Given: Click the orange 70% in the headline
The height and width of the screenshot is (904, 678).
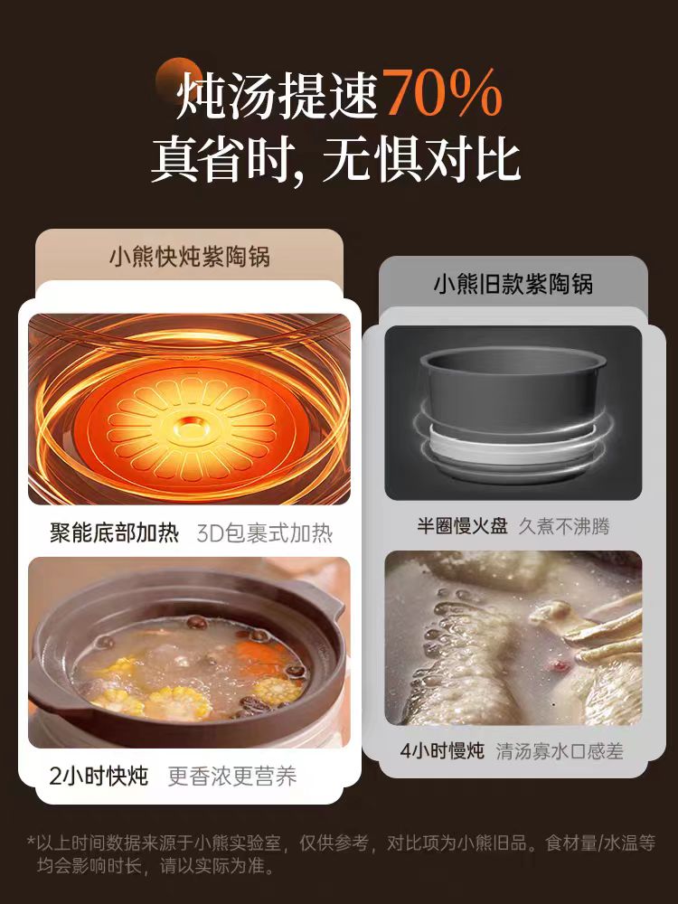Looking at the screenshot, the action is tap(443, 92).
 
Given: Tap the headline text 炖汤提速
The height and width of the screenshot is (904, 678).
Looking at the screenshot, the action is tap(278, 94).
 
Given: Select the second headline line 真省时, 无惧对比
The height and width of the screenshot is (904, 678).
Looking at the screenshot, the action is tap(336, 158).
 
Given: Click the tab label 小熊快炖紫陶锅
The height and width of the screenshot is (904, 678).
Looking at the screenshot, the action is tap(190, 257).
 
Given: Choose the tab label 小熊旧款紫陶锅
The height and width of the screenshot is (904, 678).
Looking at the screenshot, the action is tap(513, 284).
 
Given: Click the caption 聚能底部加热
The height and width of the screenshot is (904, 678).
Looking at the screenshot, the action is tap(114, 533).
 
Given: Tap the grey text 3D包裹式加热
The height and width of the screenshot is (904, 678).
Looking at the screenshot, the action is tap(265, 533).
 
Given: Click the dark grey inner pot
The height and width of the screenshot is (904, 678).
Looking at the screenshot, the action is tap(513, 385).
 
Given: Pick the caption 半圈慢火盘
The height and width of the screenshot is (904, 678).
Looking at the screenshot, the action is tap(462, 526).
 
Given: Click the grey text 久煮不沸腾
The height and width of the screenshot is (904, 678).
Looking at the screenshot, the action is tap(563, 526).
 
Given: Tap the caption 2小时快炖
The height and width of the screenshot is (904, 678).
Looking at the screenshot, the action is tap(99, 776).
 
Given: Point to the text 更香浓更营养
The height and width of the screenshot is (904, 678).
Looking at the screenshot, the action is tap(232, 776).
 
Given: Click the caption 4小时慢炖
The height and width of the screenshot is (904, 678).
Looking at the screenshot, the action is tap(442, 750).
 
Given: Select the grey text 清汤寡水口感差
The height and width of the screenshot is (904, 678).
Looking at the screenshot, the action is tap(560, 750).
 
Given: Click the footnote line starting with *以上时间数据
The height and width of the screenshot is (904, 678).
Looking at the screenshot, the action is tap(341, 843).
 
